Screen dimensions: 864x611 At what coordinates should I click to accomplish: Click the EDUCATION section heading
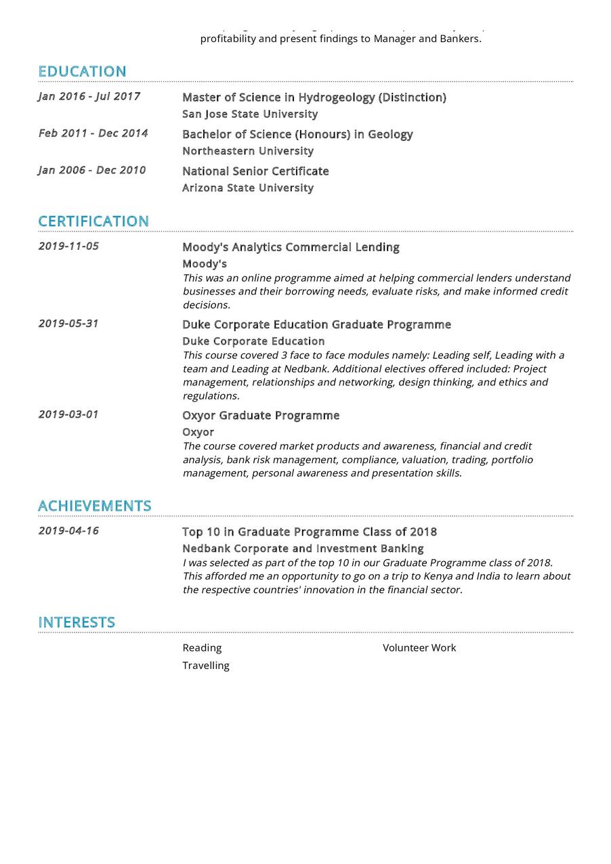click(82, 71)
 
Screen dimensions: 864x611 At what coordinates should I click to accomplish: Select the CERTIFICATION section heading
click(93, 221)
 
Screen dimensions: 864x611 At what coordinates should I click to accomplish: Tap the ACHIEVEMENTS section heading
click(94, 506)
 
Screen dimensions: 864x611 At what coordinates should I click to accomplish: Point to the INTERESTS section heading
click(77, 622)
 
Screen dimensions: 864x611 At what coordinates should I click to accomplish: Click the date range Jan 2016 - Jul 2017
click(89, 96)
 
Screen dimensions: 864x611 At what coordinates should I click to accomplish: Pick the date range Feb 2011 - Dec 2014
click(93, 133)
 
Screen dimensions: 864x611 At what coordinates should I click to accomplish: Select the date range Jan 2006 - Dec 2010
click(92, 170)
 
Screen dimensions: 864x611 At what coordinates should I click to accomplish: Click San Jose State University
click(250, 114)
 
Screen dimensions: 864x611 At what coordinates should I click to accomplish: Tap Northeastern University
click(248, 151)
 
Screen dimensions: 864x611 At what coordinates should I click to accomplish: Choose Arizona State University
click(248, 188)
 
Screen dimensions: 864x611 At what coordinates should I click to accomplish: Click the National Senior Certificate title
click(255, 171)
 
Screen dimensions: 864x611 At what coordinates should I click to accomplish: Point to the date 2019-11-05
click(68, 246)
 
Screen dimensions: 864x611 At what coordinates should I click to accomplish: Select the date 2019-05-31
click(68, 323)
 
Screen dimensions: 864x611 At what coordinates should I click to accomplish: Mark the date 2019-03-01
click(68, 414)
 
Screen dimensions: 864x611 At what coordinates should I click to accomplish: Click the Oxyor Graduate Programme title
click(261, 415)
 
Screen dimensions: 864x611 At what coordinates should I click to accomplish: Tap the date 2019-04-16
click(68, 530)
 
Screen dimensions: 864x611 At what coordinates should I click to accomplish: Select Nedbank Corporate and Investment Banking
click(303, 548)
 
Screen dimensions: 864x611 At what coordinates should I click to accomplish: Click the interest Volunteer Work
click(419, 648)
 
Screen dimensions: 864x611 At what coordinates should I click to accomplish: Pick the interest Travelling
click(206, 666)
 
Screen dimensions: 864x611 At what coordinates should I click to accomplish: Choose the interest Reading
click(202, 648)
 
